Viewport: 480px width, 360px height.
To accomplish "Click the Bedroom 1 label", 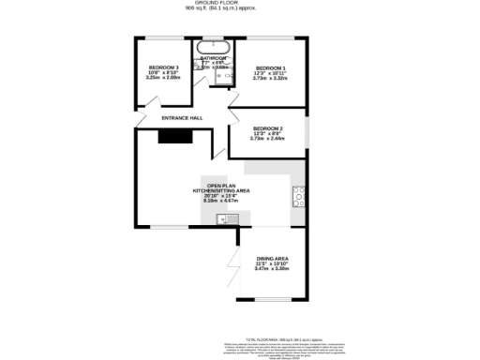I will pos(271,67).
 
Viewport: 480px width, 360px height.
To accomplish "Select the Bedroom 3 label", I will pos(164,67).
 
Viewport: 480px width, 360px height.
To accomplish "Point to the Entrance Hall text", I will pos(182,118).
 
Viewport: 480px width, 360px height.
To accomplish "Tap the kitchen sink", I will pos(225,219).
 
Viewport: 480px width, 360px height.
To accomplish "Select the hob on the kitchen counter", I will pos(299,195).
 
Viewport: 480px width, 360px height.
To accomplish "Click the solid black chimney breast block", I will pos(175,137).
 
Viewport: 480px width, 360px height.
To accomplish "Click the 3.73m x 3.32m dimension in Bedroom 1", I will pos(271,79).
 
